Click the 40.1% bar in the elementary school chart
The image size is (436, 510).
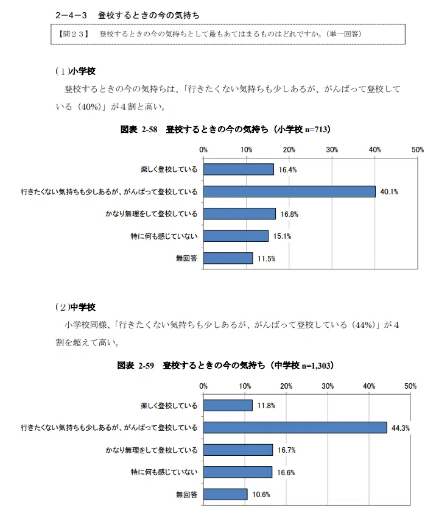(x=289, y=191)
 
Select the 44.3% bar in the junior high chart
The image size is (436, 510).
(x=295, y=427)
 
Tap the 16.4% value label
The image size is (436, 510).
(x=287, y=170)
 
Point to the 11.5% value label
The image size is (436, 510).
(x=267, y=258)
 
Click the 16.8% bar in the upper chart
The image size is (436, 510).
(x=240, y=214)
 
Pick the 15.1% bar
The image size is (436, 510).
(x=236, y=236)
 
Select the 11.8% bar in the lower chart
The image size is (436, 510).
(x=228, y=405)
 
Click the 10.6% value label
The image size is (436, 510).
(x=261, y=495)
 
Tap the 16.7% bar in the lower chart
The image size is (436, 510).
(x=238, y=450)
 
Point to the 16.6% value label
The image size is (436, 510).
(x=286, y=473)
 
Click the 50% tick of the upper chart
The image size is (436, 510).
(x=418, y=150)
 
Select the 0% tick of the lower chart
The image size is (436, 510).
(x=203, y=386)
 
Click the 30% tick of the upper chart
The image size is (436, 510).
(x=332, y=150)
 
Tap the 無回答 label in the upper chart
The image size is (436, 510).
(x=186, y=258)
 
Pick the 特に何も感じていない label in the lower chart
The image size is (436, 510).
(x=164, y=472)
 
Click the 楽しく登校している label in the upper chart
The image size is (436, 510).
(x=169, y=169)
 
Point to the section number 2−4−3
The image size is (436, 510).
(x=71, y=15)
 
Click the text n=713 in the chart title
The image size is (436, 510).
(x=315, y=129)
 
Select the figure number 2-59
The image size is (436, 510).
(x=146, y=366)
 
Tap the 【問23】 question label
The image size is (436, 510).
(x=74, y=34)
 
